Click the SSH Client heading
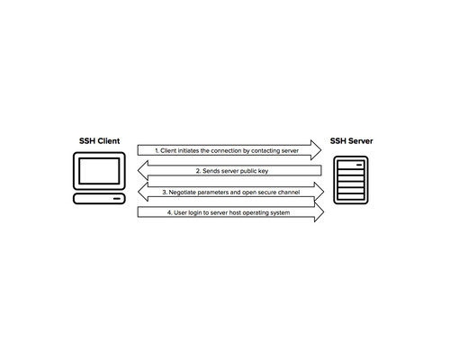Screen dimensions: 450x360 coord(99,141)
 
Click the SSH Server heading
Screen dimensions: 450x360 coord(351,141)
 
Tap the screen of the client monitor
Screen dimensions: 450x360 coord(99,171)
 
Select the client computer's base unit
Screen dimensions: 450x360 coord(99,199)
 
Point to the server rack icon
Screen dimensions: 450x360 coord(351,180)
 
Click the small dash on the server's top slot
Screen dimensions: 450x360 coord(359,165)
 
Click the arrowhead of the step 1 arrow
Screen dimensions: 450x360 coord(316,150)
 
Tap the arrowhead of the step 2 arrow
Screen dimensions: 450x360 coord(143,170)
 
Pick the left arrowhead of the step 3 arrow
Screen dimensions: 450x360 coord(143,192)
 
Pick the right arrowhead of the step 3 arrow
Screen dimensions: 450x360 coord(319,192)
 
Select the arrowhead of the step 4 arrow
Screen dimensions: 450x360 coord(319,211)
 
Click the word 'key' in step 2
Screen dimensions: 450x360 coord(263,171)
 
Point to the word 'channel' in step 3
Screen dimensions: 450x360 coord(289,192)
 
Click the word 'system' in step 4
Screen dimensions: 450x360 coord(280,212)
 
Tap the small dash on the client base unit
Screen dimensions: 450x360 coord(117,199)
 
